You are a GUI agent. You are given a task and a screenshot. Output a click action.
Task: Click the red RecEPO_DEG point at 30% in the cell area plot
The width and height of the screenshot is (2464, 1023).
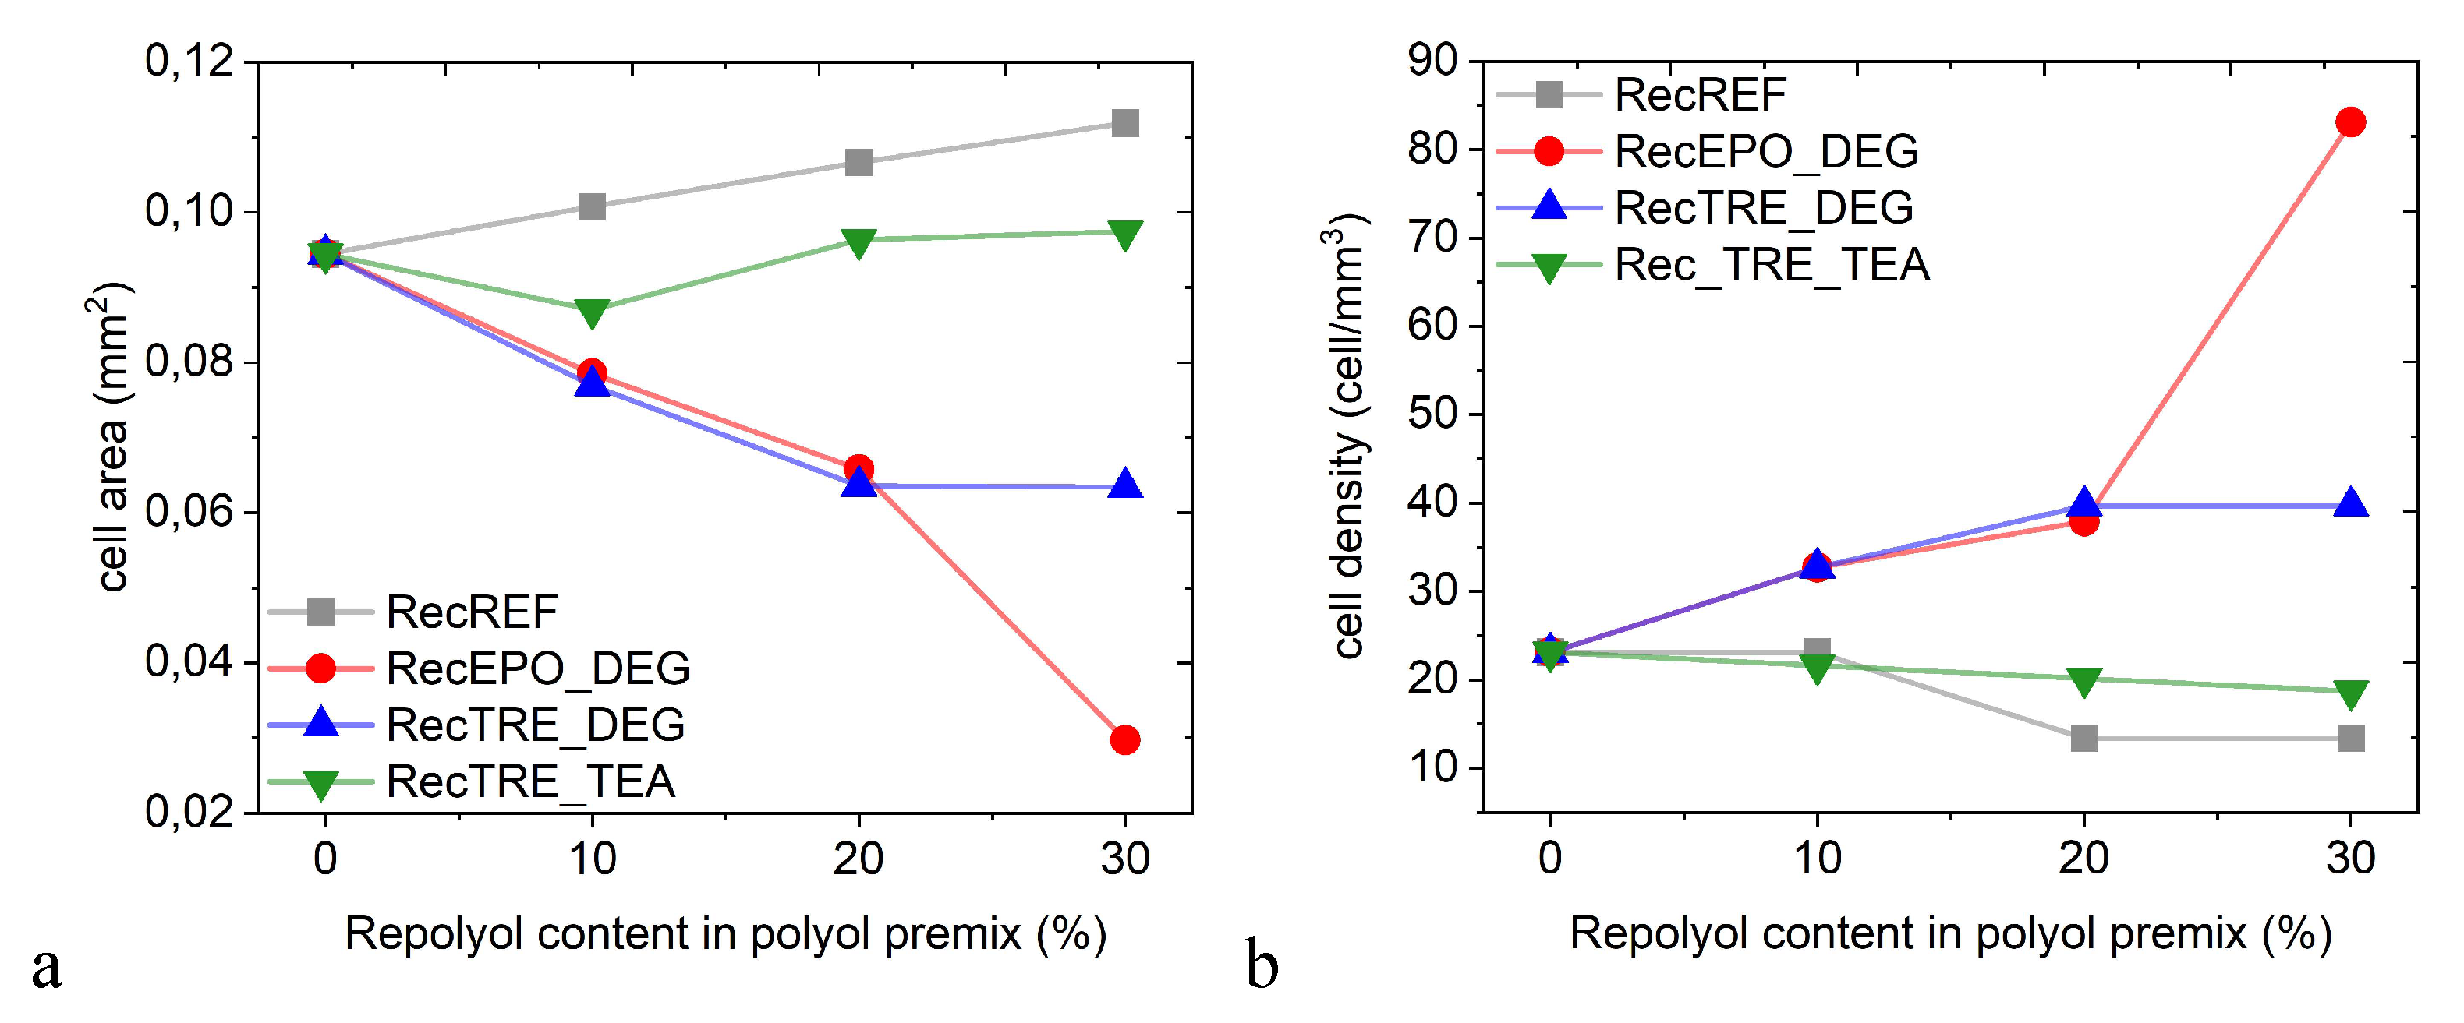tap(1125, 739)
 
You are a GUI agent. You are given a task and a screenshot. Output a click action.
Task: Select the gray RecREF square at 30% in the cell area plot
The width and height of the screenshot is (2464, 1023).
tap(1125, 122)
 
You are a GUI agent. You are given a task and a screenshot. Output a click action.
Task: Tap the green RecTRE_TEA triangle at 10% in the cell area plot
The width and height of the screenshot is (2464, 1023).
tap(592, 312)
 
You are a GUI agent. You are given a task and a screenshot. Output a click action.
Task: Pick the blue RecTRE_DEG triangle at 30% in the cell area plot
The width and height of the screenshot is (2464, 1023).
tap(1125, 485)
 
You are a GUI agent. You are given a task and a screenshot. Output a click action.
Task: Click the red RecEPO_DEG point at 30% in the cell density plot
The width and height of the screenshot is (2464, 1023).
tap(2350, 122)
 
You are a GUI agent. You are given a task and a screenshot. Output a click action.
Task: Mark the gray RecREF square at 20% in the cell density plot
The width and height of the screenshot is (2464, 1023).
tap(2084, 737)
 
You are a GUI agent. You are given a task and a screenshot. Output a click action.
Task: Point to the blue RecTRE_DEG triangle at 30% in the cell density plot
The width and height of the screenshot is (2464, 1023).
tap(2350, 503)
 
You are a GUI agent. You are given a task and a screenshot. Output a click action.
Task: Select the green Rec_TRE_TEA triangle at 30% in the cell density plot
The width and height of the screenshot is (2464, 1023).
tap(2350, 693)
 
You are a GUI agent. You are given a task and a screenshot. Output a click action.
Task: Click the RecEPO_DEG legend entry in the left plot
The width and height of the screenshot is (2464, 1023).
tap(536, 668)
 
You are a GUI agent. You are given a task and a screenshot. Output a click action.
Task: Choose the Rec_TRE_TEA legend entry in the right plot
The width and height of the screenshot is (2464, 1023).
tap(1772, 265)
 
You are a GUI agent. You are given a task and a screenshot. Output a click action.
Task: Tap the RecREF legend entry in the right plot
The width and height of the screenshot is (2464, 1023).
tap(1700, 93)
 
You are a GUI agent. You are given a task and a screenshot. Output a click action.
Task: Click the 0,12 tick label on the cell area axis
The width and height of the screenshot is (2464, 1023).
tap(189, 62)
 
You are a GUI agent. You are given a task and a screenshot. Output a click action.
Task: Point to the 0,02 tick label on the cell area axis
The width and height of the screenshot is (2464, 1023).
tap(189, 812)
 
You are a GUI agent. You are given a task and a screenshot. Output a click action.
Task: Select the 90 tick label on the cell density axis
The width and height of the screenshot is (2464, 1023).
tap(1432, 62)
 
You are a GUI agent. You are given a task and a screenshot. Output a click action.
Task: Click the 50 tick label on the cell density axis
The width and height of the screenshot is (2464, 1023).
tap(1432, 414)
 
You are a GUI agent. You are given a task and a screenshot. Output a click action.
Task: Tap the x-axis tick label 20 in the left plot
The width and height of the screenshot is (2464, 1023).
tap(858, 859)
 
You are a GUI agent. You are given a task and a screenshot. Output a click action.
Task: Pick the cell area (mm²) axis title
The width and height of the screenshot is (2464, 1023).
tap(113, 435)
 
